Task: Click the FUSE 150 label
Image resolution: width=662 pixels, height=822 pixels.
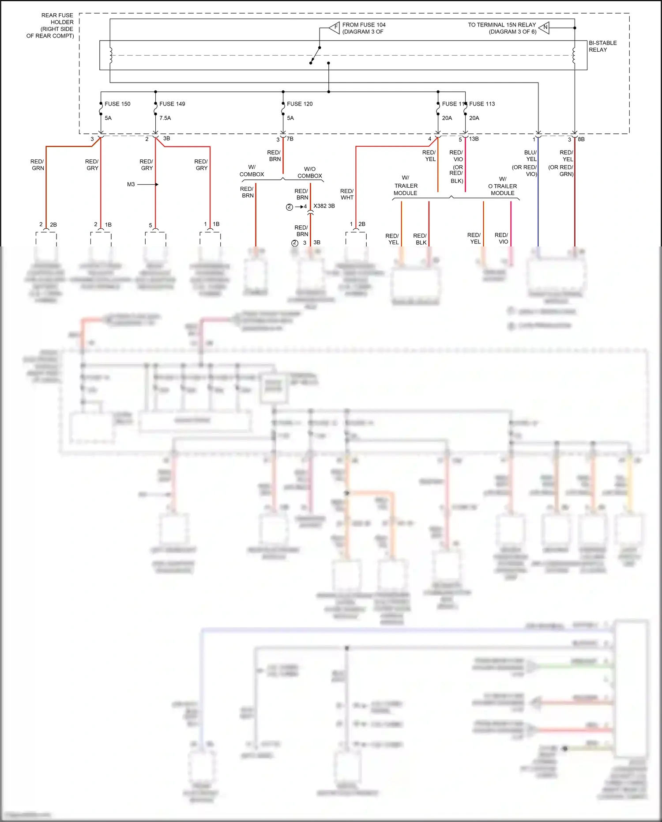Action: tap(117, 104)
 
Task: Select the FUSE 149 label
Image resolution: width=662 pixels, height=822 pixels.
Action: tap(172, 104)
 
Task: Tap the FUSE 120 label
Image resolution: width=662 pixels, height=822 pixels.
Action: tap(300, 104)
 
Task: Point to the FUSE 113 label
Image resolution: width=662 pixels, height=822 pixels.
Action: tap(482, 104)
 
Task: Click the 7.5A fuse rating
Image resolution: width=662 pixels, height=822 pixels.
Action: tap(165, 118)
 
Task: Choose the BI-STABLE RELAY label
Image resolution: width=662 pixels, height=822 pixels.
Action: tap(602, 46)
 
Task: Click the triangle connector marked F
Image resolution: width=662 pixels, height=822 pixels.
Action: tap(335, 28)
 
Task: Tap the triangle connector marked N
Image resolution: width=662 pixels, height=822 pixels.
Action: tap(545, 28)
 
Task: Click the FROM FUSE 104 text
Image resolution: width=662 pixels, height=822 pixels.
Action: tap(364, 25)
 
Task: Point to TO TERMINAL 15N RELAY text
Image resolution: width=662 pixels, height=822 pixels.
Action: tap(502, 25)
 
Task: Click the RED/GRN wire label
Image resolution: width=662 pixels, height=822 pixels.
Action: tap(38, 165)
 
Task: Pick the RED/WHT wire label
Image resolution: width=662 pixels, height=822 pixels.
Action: tap(347, 194)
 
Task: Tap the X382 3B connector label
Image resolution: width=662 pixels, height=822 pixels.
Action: tap(324, 206)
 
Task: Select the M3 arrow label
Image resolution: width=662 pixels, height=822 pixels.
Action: tap(131, 184)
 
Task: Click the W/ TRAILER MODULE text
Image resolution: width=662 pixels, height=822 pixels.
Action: tap(405, 186)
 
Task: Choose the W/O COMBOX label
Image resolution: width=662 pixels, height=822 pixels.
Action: tap(310, 172)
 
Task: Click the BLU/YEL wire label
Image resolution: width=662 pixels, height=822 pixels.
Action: tap(531, 155)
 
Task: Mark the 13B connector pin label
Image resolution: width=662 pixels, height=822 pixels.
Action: tap(474, 139)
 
